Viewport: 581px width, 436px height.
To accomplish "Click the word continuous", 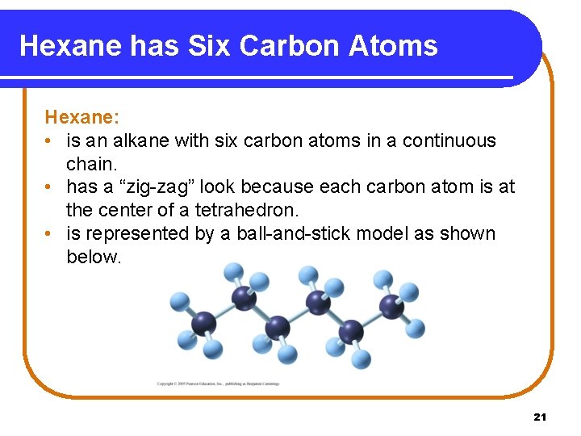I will [x=449, y=140].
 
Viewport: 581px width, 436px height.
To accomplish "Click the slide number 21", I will [x=540, y=417].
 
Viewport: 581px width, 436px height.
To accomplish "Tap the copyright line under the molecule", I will [x=218, y=384].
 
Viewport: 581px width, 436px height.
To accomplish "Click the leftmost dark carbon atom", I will [x=203, y=323].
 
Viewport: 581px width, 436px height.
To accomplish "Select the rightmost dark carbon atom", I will [x=391, y=306].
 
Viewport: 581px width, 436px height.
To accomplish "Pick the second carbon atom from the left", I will [x=244, y=298].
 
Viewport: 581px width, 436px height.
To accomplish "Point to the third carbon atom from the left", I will [x=277, y=327].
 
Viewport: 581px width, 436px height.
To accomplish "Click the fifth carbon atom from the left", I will [x=351, y=330].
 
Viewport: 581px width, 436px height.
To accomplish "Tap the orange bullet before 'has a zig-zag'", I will [x=50, y=187].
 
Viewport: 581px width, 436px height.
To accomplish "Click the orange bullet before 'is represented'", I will [x=50, y=234].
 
